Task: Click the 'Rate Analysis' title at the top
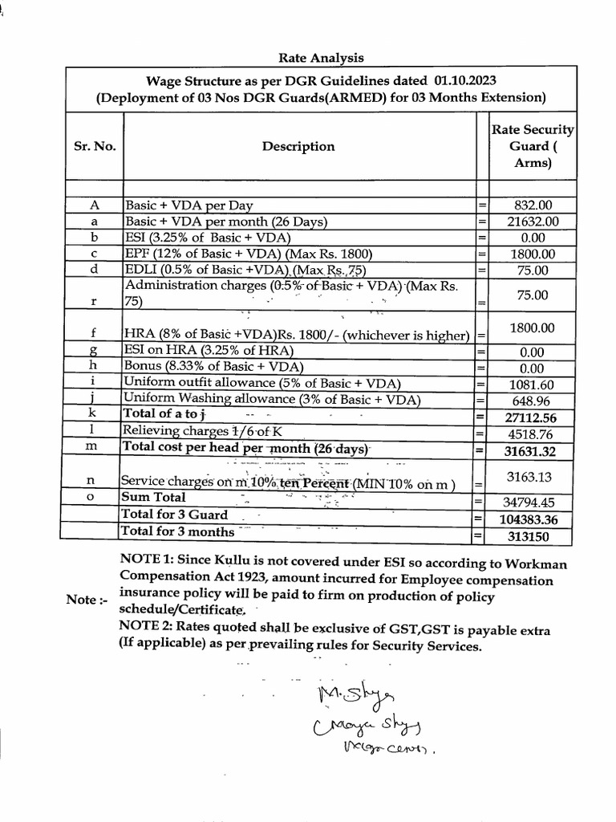point(320,57)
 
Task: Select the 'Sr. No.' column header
point(95,146)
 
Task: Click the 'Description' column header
point(298,146)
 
